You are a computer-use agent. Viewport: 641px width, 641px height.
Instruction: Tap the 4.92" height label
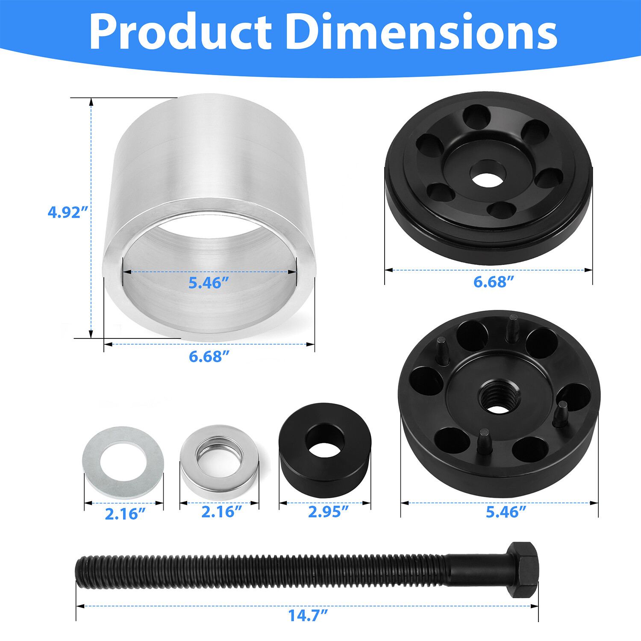point(68,212)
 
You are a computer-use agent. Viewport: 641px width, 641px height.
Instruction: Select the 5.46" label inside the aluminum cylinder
point(209,282)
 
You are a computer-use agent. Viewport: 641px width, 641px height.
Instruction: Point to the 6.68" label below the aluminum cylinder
point(209,356)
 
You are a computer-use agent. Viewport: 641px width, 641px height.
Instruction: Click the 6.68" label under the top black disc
point(493,282)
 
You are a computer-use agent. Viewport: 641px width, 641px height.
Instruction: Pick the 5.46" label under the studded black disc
point(506,512)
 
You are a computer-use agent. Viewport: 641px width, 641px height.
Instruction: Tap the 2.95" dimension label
point(328,512)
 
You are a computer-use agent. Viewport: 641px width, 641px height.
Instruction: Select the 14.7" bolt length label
point(308,615)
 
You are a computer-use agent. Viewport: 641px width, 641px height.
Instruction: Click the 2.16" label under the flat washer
point(125,514)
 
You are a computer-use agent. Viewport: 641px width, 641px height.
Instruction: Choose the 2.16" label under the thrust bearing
point(221,512)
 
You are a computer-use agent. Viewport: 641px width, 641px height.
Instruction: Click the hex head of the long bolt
point(523,570)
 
